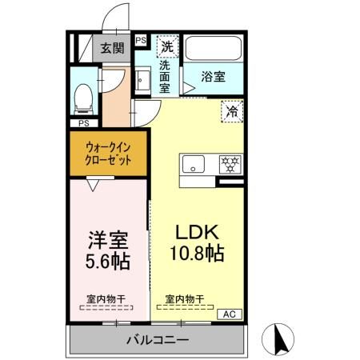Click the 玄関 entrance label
pos(113,48)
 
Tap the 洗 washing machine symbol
pos(167,46)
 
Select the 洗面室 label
pos(164,77)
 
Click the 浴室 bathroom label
pos(212,77)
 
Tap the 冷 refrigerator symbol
pos(233,112)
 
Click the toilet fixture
pos(82,98)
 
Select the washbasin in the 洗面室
pos(142,81)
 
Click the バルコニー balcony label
pos(157,340)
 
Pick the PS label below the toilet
pos(83,123)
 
